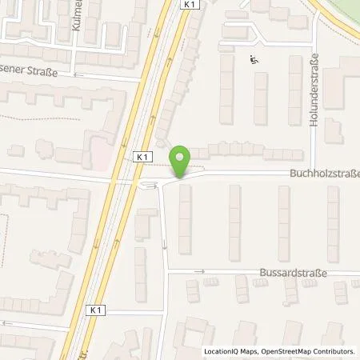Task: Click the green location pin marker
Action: click(181, 160)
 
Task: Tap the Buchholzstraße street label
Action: click(323, 173)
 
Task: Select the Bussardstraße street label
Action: click(292, 273)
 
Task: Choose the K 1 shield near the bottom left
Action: click(97, 310)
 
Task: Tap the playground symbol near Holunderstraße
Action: click(254, 58)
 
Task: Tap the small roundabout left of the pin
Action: click(149, 186)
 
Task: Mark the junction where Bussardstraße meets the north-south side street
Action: click(166, 272)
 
